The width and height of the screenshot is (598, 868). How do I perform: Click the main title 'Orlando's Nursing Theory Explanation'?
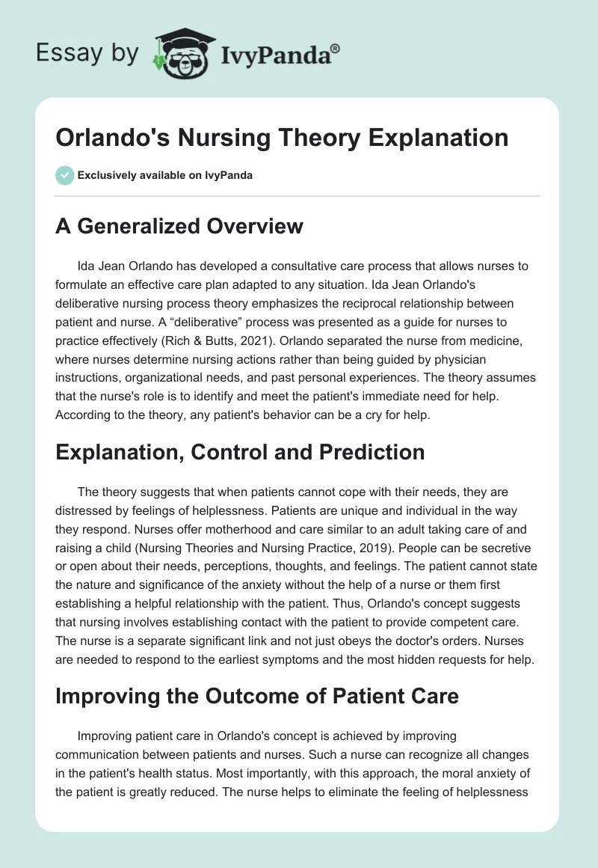(282, 138)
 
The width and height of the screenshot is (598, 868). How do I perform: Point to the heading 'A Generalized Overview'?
(179, 226)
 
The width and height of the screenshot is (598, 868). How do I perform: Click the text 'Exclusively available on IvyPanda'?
(165, 175)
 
